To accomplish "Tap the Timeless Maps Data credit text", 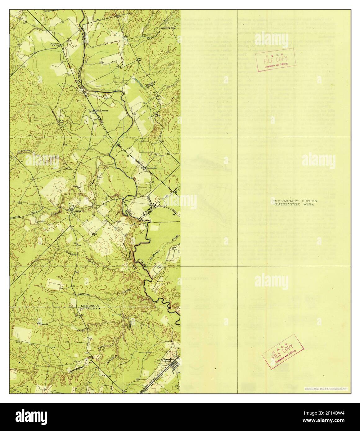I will [326, 388].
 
